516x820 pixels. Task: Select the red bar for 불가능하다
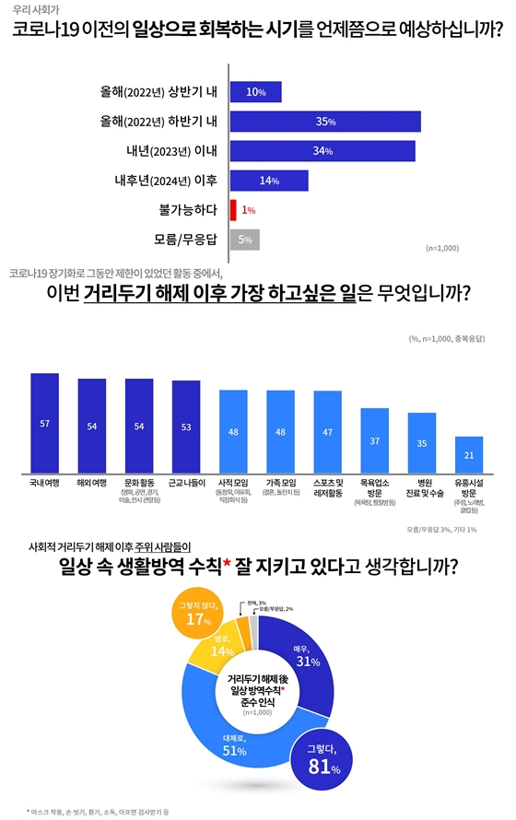233,210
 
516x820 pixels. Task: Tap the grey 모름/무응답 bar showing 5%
245,240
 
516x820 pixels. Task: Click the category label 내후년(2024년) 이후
171,181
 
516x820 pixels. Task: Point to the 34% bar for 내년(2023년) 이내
322,151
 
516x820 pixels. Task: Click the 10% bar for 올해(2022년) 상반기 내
255,92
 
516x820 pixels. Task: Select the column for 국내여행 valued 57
45,424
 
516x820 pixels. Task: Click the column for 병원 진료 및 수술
421,442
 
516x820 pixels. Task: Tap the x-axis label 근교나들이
186,482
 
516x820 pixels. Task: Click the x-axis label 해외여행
92,482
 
